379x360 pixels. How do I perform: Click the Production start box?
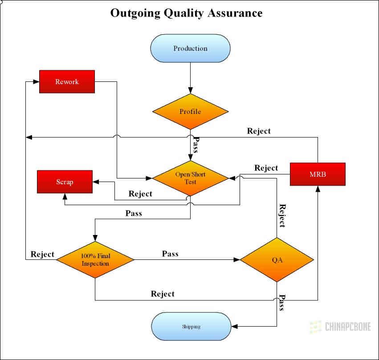point(191,48)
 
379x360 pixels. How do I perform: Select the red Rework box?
point(67,81)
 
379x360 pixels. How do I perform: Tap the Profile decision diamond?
point(190,111)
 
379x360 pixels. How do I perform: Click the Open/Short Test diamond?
point(191,178)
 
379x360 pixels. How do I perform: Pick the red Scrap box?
point(65,182)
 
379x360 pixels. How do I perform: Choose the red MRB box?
point(318,174)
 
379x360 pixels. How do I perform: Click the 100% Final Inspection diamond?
point(95,259)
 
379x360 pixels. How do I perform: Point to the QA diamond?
point(277,259)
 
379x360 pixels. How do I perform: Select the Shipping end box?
point(191,326)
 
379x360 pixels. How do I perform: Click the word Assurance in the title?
point(235,13)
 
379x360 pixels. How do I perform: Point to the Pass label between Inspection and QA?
point(170,254)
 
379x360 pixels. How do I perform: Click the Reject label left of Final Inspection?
point(42,254)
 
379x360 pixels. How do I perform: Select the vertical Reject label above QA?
point(281,215)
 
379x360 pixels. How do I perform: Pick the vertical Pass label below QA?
point(281,303)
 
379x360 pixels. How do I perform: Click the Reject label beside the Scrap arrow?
point(140,194)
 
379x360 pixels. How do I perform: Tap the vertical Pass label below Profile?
point(195,145)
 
